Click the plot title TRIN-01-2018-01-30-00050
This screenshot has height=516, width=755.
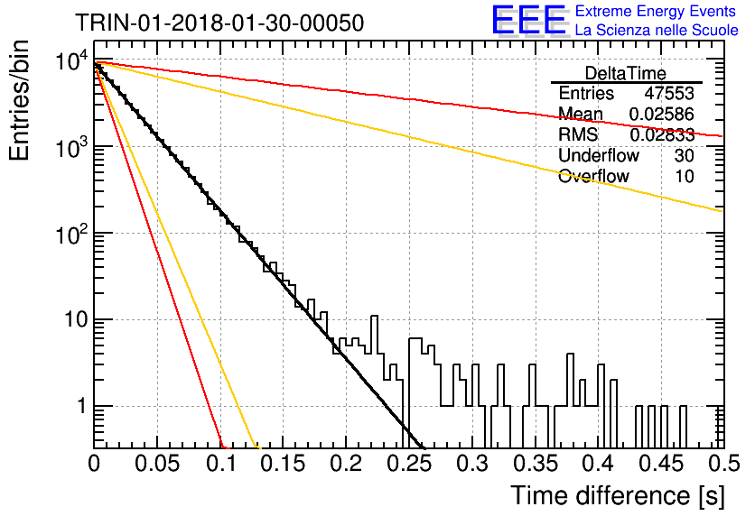[x=219, y=23]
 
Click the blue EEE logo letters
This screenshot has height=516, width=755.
[x=528, y=20]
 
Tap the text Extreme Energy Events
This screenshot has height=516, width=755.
[x=656, y=11]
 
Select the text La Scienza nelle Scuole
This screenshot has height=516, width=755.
[x=657, y=30]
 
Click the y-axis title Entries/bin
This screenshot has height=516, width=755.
[x=19, y=100]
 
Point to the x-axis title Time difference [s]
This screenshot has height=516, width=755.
[x=618, y=495]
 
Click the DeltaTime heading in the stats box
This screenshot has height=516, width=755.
[x=626, y=73]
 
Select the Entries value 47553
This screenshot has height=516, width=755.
[x=669, y=93]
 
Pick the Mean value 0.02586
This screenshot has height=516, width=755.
[x=662, y=114]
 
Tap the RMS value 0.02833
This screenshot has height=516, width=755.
[x=662, y=134]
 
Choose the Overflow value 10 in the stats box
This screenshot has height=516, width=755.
[x=685, y=176]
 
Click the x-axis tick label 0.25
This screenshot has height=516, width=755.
[x=410, y=464]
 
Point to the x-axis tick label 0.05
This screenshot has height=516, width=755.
[x=157, y=464]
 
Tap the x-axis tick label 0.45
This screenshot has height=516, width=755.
[x=662, y=464]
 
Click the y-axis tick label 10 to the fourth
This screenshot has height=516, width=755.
[x=71, y=61]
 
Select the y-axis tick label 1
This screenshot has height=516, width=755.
[x=81, y=406]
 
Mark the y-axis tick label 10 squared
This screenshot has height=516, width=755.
[x=71, y=235]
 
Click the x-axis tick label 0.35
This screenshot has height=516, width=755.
[x=536, y=464]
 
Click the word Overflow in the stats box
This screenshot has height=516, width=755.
[x=593, y=176]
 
